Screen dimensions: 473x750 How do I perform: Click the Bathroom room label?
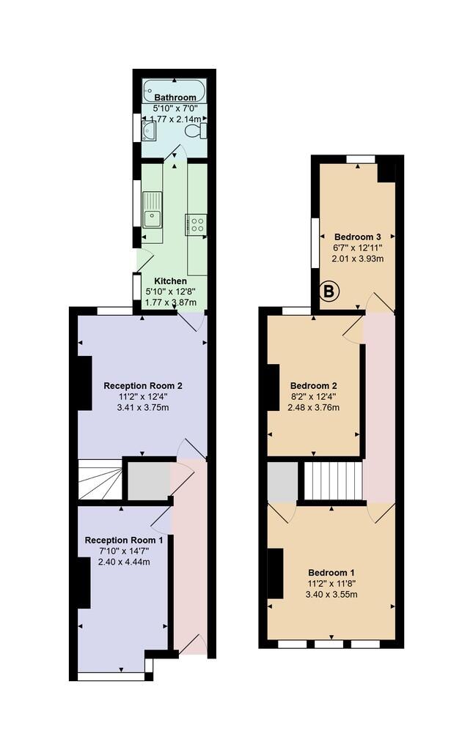tap(175, 97)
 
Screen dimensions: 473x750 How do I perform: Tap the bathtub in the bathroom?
tap(175, 90)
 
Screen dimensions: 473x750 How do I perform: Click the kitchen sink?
tap(153, 210)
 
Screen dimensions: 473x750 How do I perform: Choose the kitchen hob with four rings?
tap(197, 224)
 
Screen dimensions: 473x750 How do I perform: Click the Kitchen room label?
tap(170, 281)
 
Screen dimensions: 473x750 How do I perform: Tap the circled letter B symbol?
tap(329, 292)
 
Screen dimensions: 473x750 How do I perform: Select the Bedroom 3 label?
tap(358, 237)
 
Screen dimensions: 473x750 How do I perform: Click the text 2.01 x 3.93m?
tap(358, 259)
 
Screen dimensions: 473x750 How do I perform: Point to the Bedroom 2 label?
tap(314, 385)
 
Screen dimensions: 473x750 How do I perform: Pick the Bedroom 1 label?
tap(331, 573)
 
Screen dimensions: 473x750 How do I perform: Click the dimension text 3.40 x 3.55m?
tap(331, 595)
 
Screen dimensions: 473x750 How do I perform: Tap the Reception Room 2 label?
tap(143, 385)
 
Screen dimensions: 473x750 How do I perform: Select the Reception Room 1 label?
tap(124, 540)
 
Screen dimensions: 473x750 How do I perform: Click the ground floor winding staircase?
tap(100, 480)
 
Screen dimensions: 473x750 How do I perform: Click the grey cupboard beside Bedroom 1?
tap(282, 481)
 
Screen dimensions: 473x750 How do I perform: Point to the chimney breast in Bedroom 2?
tap(273, 387)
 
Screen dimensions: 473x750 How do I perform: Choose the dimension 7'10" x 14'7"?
tap(124, 552)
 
